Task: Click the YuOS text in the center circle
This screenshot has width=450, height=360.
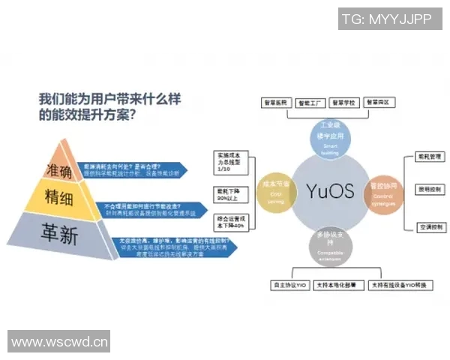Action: coord(330,190)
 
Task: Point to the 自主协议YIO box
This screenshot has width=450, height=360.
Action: coord(289,285)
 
